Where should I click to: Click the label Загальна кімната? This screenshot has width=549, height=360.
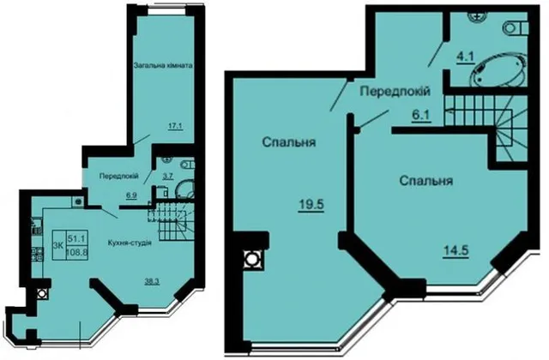pyautogui.click(x=163, y=65)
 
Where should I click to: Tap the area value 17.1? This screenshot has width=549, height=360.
pyautogui.click(x=175, y=126)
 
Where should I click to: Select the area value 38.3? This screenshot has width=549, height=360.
pyautogui.click(x=153, y=280)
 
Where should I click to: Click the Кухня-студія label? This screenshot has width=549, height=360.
pyautogui.click(x=130, y=243)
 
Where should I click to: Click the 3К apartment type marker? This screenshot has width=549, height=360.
pyautogui.click(x=58, y=245)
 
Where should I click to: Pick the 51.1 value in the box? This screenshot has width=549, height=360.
pyautogui.click(x=77, y=238)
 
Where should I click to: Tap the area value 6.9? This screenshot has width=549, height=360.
pyautogui.click(x=131, y=195)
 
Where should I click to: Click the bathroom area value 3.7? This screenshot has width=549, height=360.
pyautogui.click(x=168, y=176)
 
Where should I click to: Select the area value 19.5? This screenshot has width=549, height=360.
pyautogui.click(x=311, y=204)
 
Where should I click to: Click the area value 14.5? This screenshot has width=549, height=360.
pyautogui.click(x=455, y=250)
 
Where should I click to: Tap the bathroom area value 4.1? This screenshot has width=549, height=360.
pyautogui.click(x=465, y=57)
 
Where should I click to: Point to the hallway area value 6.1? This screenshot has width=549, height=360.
pyautogui.click(x=421, y=114)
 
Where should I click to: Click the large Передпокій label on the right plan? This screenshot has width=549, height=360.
pyautogui.click(x=395, y=92)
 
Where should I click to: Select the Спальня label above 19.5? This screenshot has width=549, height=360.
pyautogui.click(x=289, y=142)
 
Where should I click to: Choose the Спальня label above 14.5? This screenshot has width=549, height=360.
pyautogui.click(x=426, y=181)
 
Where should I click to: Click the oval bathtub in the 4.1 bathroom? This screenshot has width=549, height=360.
pyautogui.click(x=498, y=69)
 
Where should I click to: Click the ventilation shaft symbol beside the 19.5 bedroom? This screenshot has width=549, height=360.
pyautogui.click(x=251, y=259)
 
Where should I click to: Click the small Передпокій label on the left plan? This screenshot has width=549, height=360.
pyautogui.click(x=119, y=176)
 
